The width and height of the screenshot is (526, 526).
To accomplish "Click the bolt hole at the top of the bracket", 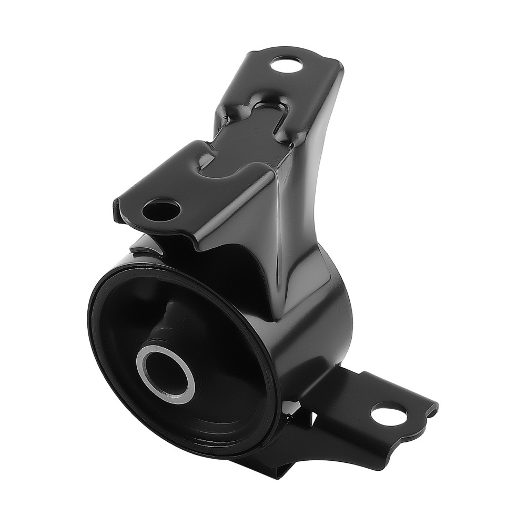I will coord(287,66).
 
